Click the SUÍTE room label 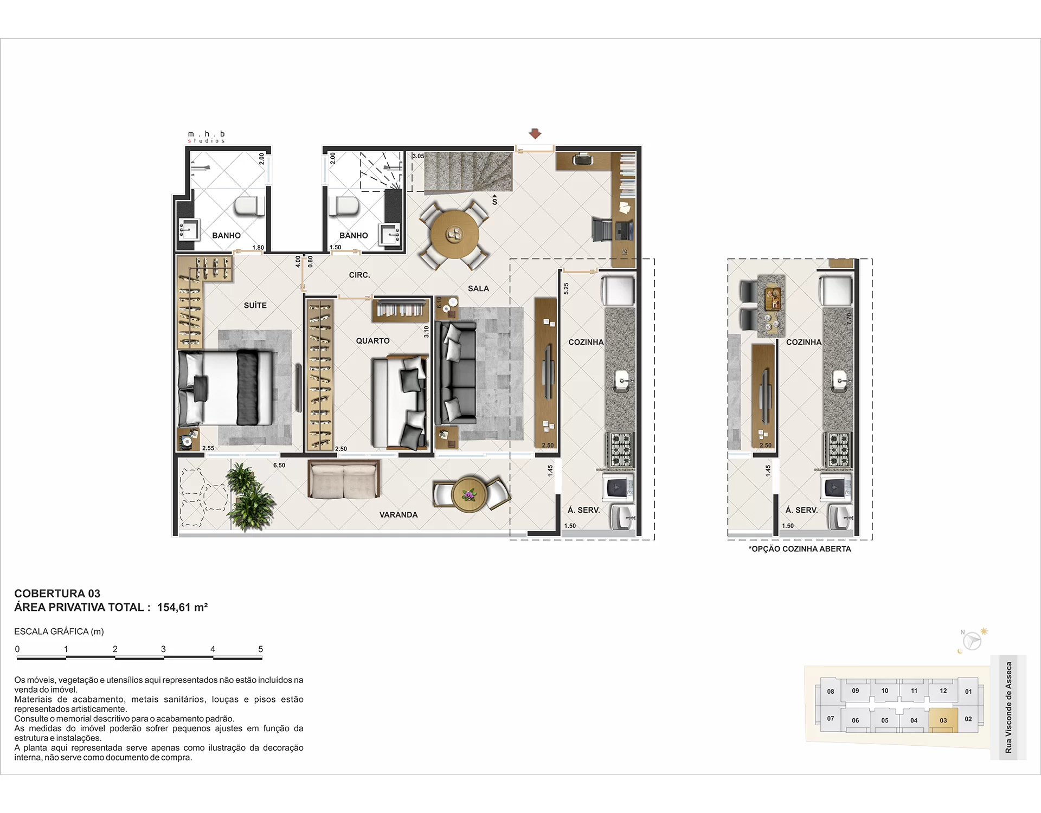click(x=255, y=306)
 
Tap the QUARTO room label click(x=372, y=341)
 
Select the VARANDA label click(x=399, y=515)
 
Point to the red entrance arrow click(x=535, y=133)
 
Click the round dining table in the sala click(x=455, y=235)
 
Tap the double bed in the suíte click(x=225, y=388)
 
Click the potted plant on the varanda click(x=249, y=496)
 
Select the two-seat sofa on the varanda click(x=344, y=479)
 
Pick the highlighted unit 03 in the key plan click(x=943, y=720)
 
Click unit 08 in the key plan click(x=831, y=692)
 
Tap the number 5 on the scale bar click(x=261, y=649)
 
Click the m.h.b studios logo click(x=207, y=137)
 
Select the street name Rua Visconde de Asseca click(x=1008, y=707)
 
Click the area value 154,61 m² click(x=182, y=608)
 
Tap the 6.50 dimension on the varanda click(x=279, y=466)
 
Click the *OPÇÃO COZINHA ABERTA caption click(x=800, y=549)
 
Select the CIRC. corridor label click(x=359, y=275)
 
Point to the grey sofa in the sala click(x=455, y=373)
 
